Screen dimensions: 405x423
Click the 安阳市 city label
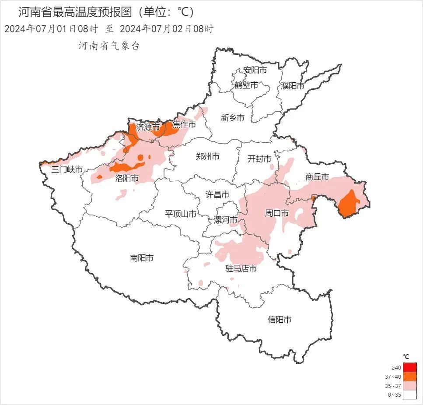pyautogui.click(x=255, y=70)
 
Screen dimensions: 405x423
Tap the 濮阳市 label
pyautogui.click(x=293, y=86)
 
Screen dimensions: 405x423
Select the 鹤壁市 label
pyautogui.click(x=246, y=85)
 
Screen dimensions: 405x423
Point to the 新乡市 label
pyautogui.click(x=232, y=117)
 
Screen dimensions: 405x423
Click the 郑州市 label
pyautogui.click(x=207, y=156)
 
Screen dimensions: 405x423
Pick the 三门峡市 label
pyautogui.click(x=67, y=169)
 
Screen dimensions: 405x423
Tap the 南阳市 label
pyautogui.click(x=141, y=258)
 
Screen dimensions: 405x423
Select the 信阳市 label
pyautogui.click(x=279, y=320)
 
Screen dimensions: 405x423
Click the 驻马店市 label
pyautogui.click(x=241, y=268)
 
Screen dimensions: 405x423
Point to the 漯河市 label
pyautogui.click(x=226, y=219)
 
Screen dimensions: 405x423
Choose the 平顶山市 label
pyautogui.click(x=180, y=214)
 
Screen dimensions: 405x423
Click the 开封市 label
pyautogui.click(x=259, y=158)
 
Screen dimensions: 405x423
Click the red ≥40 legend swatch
pyautogui.click(x=410, y=367)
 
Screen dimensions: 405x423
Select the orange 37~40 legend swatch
pyautogui.click(x=410, y=376)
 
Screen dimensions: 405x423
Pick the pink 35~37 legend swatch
pyautogui.click(x=410, y=386)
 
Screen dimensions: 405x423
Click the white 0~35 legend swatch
pyautogui.click(x=410, y=395)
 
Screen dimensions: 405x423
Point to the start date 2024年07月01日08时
pyautogui.click(x=51, y=29)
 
